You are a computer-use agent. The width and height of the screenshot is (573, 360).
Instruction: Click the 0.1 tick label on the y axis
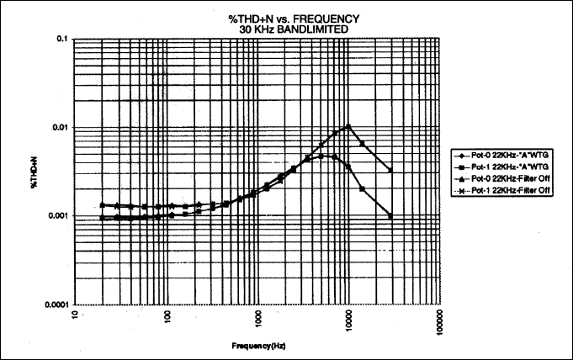coord(61,39)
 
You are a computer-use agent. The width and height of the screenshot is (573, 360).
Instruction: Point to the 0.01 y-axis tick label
coord(60,127)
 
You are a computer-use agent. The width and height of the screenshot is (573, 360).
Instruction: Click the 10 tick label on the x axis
coord(77,315)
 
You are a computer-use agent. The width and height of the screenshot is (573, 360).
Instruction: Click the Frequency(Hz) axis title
coord(257,346)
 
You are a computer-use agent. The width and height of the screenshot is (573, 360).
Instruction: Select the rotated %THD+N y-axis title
coord(28,172)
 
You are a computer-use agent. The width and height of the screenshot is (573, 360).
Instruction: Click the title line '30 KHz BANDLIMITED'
coord(257,30)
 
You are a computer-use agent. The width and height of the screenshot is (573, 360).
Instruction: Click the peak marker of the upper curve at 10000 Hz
coord(348,126)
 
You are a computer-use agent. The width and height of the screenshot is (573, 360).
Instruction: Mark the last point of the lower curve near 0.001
coord(390,216)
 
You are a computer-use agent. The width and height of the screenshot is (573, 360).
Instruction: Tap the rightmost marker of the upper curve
coord(390,170)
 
